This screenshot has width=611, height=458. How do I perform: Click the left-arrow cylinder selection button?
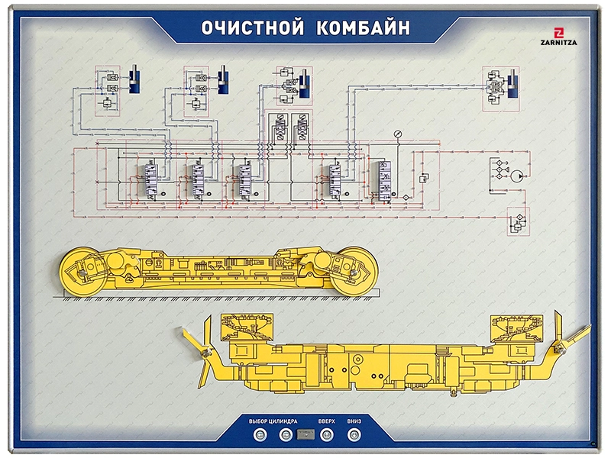click(x=260, y=436)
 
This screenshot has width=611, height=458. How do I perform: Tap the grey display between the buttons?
click(x=305, y=436)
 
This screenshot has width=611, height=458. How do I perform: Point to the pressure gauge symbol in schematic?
click(x=397, y=134)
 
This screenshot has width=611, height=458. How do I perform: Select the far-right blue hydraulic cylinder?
click(x=513, y=83)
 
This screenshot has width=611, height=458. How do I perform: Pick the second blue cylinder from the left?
click(x=225, y=80)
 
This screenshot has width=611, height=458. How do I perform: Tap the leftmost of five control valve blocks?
click(x=145, y=180)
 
